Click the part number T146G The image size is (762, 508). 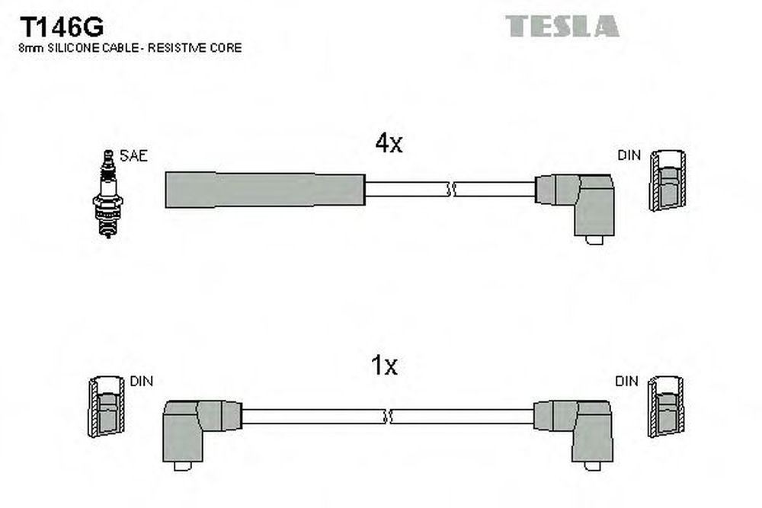[x=62, y=27]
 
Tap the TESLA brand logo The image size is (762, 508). [x=562, y=26]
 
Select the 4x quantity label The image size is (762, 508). [x=389, y=142]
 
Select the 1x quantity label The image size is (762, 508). [x=384, y=366]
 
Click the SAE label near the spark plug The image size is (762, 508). [x=133, y=155]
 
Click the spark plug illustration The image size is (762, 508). [x=108, y=193]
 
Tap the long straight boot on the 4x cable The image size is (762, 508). [x=265, y=190]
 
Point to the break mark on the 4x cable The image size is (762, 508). [x=451, y=190]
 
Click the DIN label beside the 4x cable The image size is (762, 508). [x=629, y=155]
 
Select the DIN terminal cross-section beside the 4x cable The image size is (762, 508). [x=668, y=181]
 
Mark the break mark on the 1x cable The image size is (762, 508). [x=388, y=416]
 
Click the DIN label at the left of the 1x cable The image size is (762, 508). [x=142, y=382]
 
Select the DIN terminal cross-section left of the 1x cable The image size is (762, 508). [x=106, y=407]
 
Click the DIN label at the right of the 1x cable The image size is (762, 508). [x=627, y=382]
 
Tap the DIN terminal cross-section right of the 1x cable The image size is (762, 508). [x=666, y=407]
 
